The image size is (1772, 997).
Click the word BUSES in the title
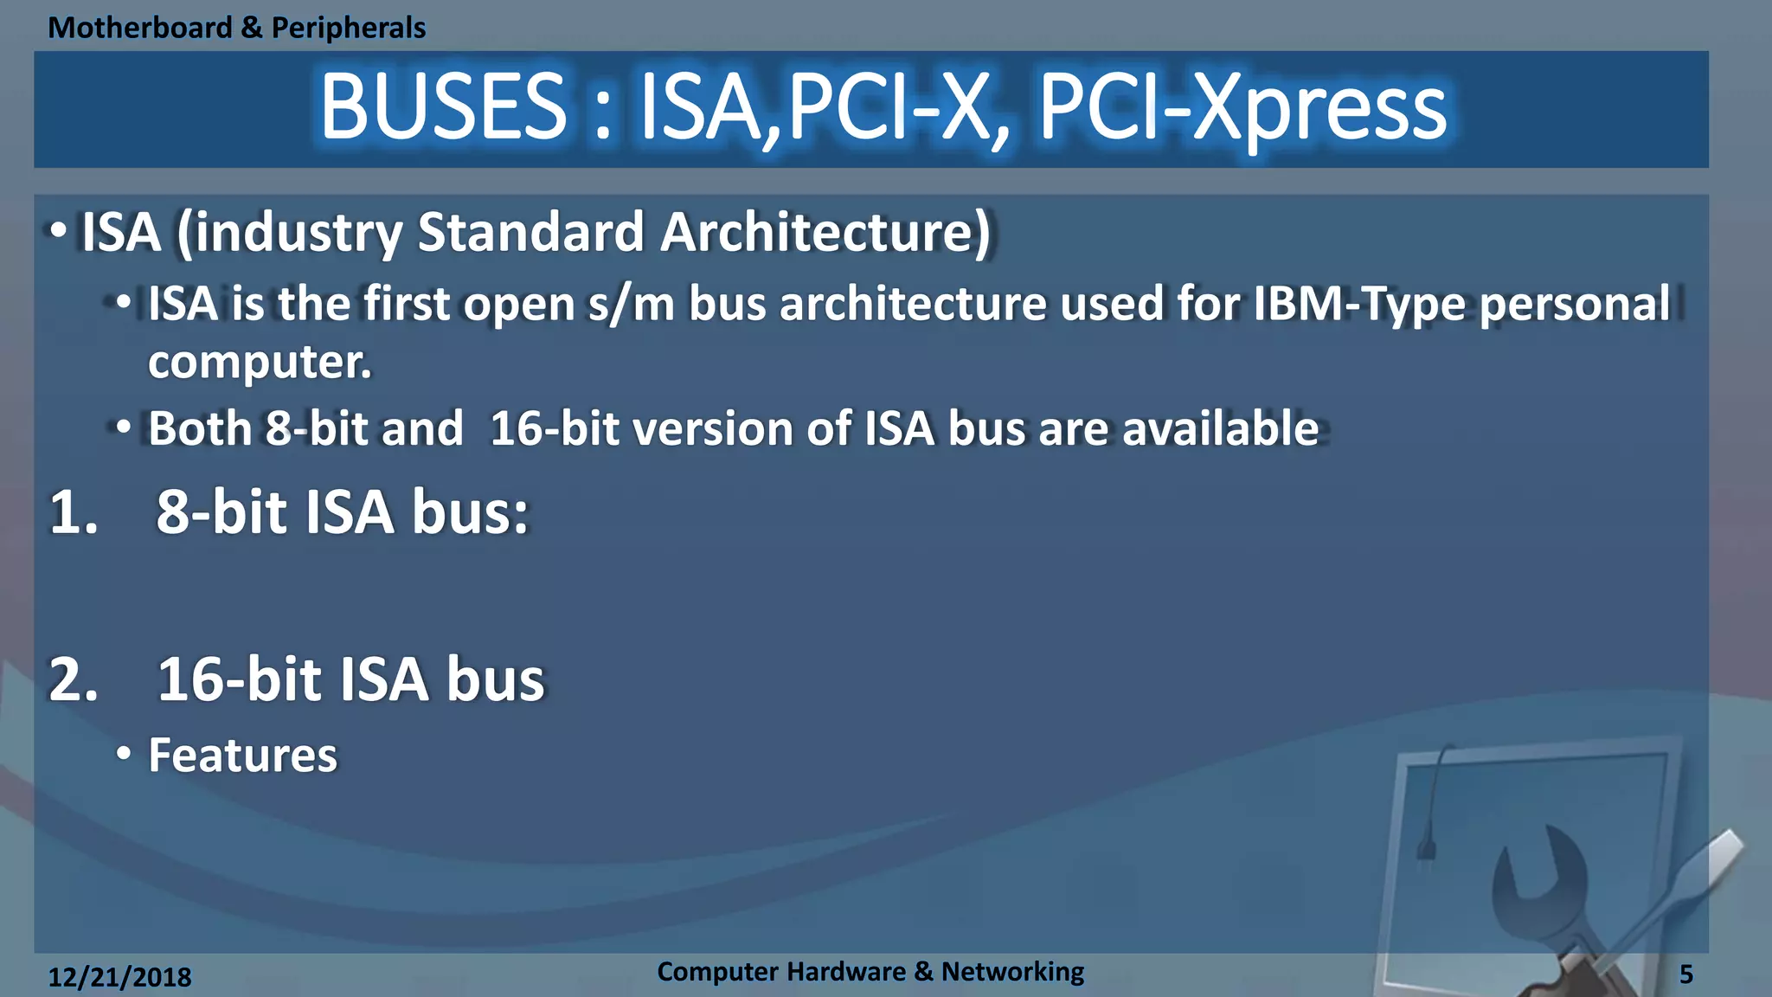(443, 107)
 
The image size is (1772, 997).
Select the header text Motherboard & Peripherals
(236, 28)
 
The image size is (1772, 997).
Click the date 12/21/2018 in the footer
(119, 977)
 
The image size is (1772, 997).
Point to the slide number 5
(1685, 974)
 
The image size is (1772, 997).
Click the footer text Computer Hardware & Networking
(870, 971)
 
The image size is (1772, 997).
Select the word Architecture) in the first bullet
(825, 232)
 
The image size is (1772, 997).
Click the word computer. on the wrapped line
(260, 362)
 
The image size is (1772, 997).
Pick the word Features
(242, 755)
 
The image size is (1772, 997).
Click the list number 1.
(74, 512)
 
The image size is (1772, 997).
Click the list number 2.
(74, 679)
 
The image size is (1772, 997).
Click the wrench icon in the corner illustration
(1549, 883)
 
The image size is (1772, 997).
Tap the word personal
(1575, 305)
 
